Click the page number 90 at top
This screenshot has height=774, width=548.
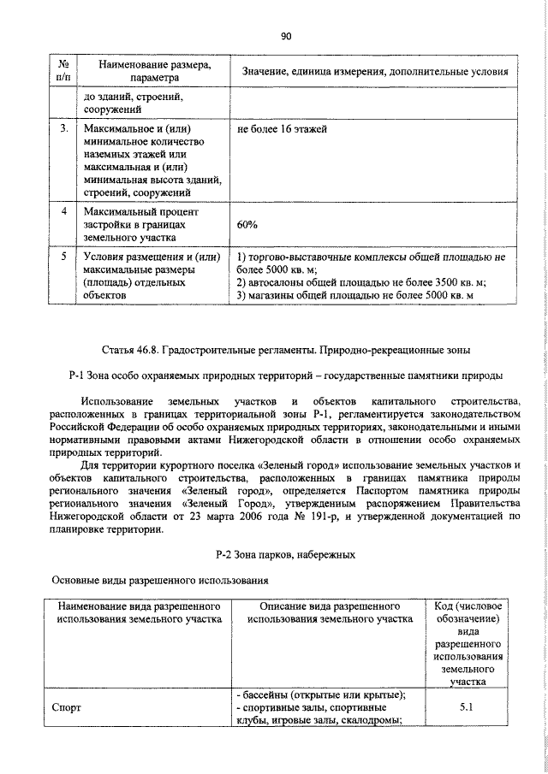coord(286,36)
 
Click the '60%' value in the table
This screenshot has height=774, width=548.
coord(247,224)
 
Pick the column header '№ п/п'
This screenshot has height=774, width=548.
coord(63,70)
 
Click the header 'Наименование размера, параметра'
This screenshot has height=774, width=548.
coord(154,70)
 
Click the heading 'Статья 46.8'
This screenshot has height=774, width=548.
coord(286,351)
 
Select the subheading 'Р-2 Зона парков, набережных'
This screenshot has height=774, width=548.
coord(286,555)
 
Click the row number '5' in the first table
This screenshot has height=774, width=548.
coord(63,255)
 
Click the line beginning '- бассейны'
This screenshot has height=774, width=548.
coord(319,694)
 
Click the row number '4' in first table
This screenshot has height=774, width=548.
coord(63,210)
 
